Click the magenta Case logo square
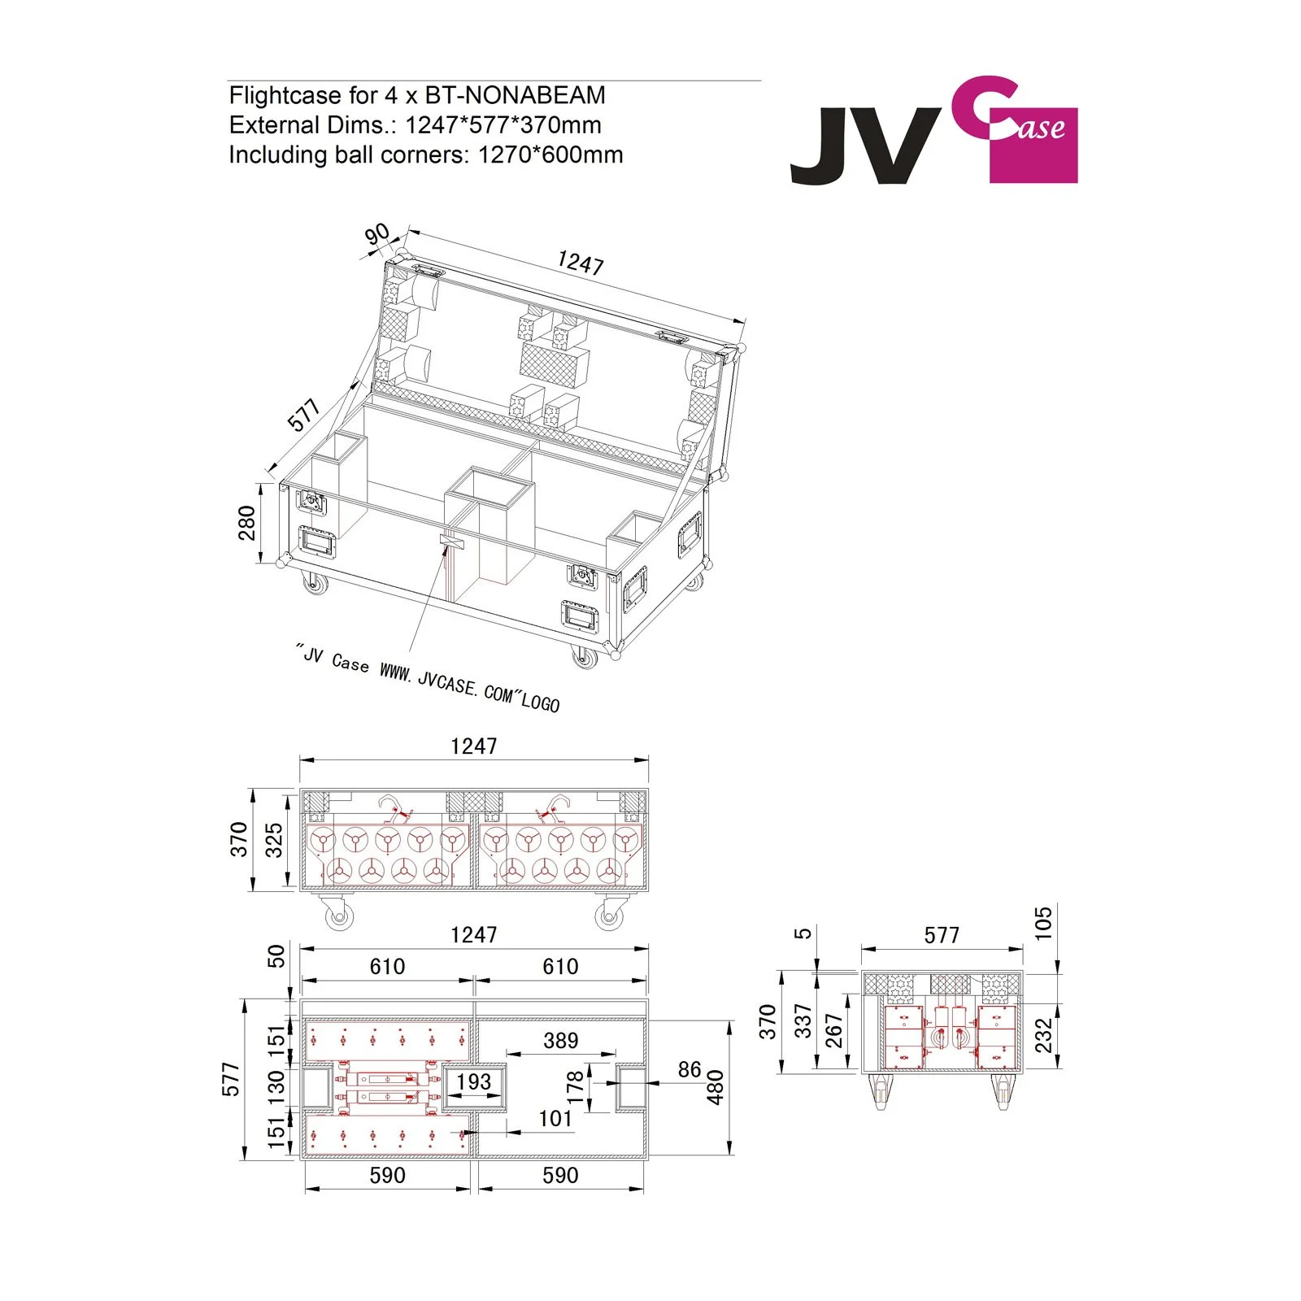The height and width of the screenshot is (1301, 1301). coord(1033,146)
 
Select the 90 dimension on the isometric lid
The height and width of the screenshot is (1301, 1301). coord(376,235)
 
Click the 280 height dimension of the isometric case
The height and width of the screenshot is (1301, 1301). coord(246,523)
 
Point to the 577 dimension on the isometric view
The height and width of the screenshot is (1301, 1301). coord(304,416)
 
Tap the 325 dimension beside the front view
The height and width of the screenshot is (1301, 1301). coord(274,840)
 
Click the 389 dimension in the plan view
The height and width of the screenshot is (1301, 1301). coord(560,1040)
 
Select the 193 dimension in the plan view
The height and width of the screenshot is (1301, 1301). coord(473,1081)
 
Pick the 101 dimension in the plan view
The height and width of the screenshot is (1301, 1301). coord(555,1118)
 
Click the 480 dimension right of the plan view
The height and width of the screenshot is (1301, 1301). coord(716,1087)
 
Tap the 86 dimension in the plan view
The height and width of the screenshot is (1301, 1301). coord(689,1069)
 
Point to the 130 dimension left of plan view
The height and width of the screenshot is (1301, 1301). coord(276,1086)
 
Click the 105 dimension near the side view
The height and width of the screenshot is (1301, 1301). coord(1043,923)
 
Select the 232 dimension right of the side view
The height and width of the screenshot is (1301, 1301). coord(1043,1035)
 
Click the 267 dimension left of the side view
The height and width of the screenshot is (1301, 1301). coord(833,1030)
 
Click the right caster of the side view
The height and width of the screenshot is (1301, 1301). coord(1003,1090)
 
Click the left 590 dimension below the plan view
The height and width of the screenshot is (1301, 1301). coord(387,1175)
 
